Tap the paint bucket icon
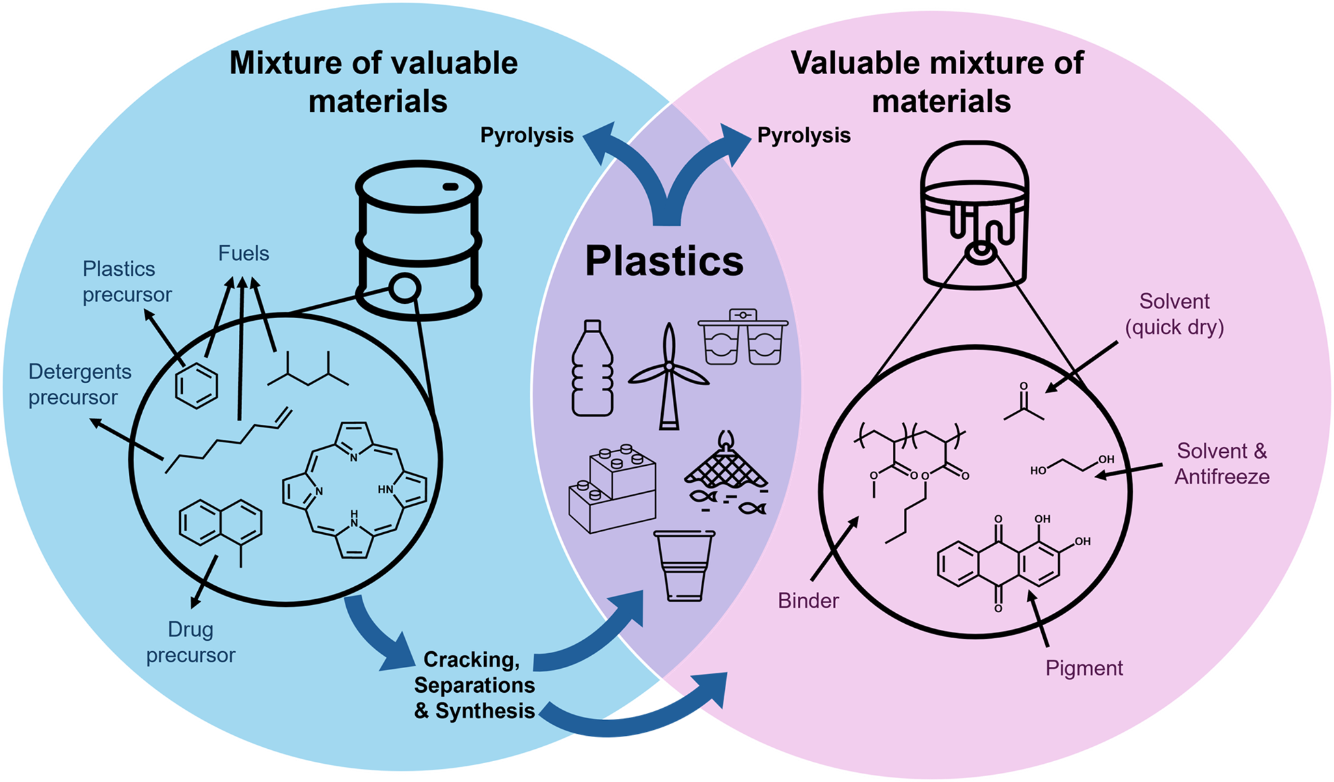pyautogui.click(x=974, y=215)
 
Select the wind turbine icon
pyautogui.click(x=668, y=377)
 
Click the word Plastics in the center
pyautogui.click(x=664, y=262)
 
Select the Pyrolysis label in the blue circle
pyautogui.click(x=526, y=135)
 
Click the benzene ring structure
pyautogui.click(x=196, y=385)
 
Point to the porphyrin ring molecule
pyautogui.click(x=354, y=490)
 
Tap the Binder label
pyautogui.click(x=808, y=600)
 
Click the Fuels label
pyautogui.click(x=243, y=254)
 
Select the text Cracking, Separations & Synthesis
pyautogui.click(x=474, y=685)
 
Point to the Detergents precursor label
pyautogui.click(x=79, y=384)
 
